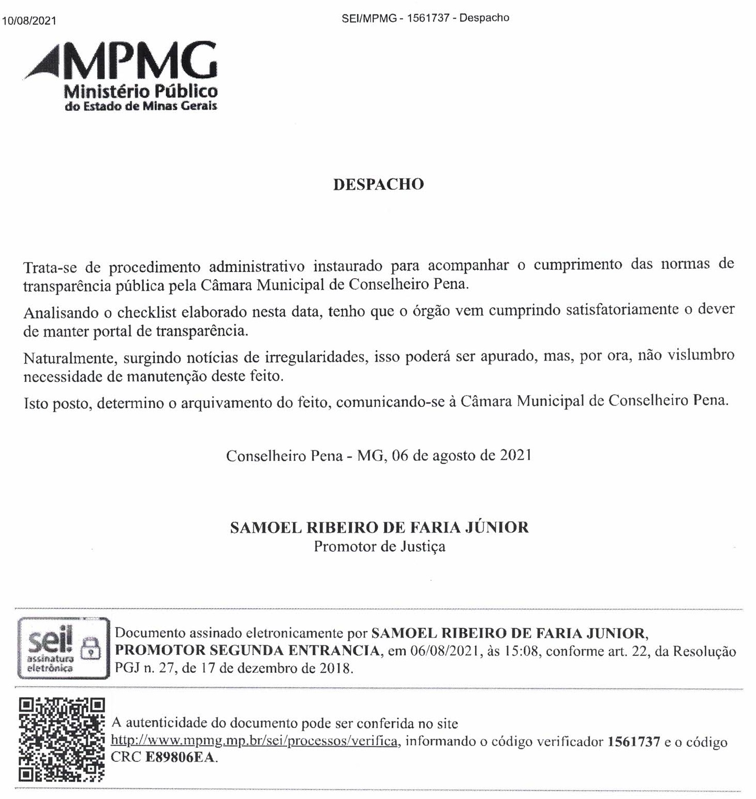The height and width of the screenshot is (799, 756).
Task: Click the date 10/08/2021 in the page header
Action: (29, 21)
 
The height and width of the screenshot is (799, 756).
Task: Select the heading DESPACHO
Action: (378, 185)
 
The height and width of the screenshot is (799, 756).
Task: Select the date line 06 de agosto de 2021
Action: (462, 456)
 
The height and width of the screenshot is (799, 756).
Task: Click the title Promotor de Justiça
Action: (379, 547)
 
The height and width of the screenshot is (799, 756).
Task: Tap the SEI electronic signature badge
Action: (64, 648)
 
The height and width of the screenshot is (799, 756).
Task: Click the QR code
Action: (62, 739)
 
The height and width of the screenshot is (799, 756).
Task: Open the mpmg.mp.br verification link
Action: (254, 741)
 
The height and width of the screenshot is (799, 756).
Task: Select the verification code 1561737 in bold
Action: (633, 742)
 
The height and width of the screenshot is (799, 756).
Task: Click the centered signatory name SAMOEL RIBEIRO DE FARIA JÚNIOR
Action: (379, 527)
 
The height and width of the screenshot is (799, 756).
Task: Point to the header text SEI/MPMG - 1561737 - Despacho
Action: (425, 18)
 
